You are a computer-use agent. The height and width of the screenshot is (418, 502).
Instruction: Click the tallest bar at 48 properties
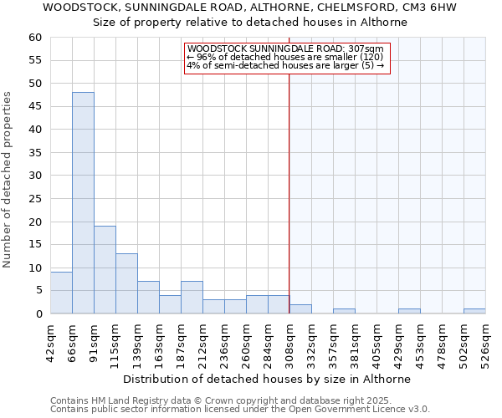[x=83, y=202]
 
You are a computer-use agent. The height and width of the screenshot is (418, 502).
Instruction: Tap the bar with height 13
[x=126, y=283]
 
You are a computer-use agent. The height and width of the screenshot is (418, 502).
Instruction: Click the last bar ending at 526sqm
[x=474, y=311]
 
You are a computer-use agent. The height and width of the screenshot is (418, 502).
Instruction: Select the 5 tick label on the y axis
[x=38, y=291]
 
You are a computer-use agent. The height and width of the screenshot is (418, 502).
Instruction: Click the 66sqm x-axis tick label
[x=72, y=341]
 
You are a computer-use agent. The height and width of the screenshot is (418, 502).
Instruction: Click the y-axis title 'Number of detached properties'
[x=8, y=180]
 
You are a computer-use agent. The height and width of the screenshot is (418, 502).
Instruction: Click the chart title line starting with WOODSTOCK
[x=249, y=7]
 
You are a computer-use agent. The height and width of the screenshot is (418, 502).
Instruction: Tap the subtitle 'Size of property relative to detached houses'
[x=249, y=23]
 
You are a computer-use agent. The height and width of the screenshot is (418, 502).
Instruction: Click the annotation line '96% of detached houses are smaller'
[x=284, y=57]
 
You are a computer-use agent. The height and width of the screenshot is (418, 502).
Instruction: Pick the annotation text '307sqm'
[x=367, y=49]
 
